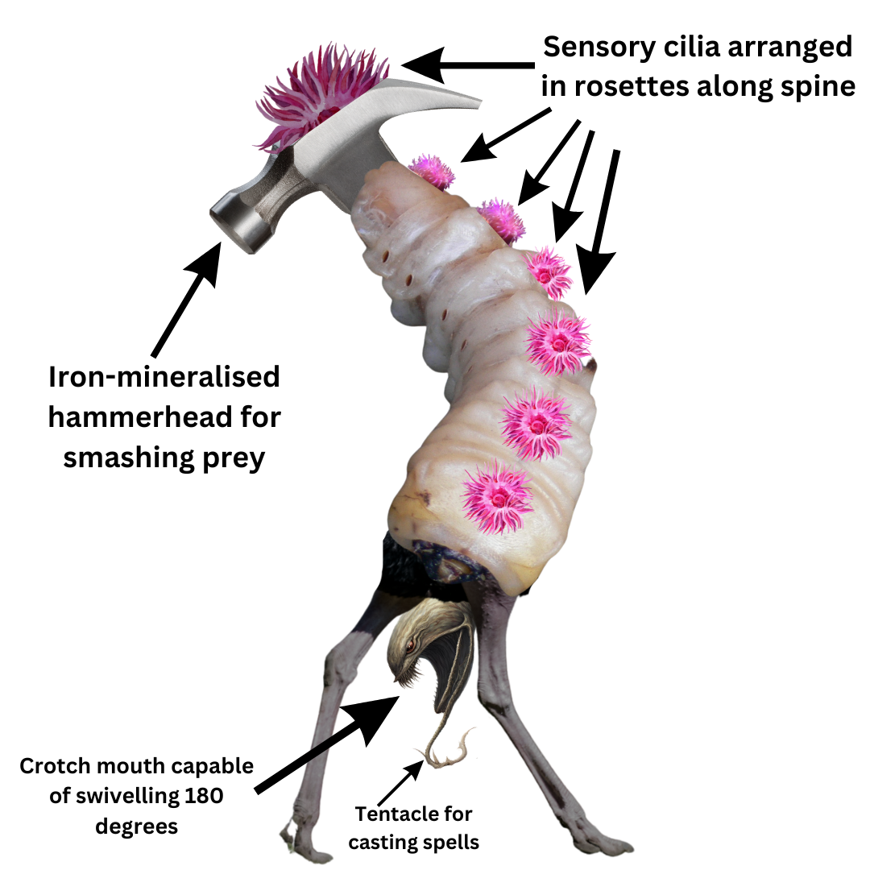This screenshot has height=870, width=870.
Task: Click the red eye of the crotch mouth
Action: (411, 645)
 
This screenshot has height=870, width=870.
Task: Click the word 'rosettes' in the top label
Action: (648, 86)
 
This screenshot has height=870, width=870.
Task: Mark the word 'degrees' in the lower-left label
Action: (137, 826)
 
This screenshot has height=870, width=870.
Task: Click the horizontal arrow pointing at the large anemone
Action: (467, 64)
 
